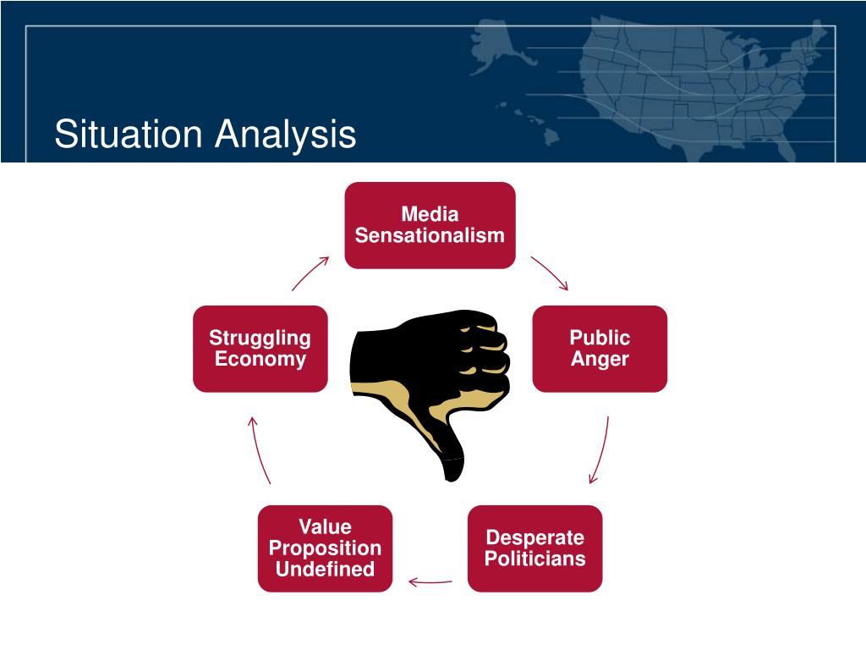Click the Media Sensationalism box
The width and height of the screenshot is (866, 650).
[x=430, y=225]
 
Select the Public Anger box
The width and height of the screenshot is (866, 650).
[x=600, y=349]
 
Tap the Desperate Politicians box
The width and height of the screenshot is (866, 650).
[x=534, y=548]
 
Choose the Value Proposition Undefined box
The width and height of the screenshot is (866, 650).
[x=326, y=548]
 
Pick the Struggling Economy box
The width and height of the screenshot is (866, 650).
[x=260, y=349]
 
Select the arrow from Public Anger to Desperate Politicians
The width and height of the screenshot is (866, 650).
[x=602, y=450]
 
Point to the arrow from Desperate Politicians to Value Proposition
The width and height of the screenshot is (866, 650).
[x=430, y=582]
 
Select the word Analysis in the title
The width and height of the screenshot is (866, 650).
[x=286, y=135]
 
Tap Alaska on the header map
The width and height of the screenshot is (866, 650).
[x=497, y=47]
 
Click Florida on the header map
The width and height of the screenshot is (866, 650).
[x=784, y=145]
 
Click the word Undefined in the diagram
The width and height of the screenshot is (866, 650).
[x=326, y=569]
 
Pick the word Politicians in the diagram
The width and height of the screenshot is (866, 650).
[x=535, y=559]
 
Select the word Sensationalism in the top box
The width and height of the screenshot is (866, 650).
[x=430, y=235]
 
